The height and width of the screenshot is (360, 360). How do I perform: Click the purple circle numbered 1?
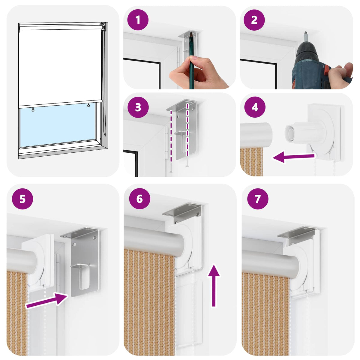click(x=138, y=20)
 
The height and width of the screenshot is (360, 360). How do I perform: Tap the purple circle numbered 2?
click(x=254, y=20)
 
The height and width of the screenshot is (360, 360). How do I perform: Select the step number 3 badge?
click(x=138, y=107)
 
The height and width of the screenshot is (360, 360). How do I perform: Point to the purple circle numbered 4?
click(x=255, y=107)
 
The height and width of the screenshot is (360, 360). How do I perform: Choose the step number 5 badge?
click(x=22, y=199)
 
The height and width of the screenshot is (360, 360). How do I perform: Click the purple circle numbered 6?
click(x=139, y=199)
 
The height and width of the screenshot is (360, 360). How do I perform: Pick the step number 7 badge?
click(x=258, y=199)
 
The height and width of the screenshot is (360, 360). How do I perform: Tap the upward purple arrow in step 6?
click(x=214, y=286)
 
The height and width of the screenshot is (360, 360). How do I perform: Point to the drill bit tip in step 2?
click(x=306, y=32)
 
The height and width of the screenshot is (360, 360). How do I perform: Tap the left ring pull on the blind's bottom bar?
click(x=33, y=110)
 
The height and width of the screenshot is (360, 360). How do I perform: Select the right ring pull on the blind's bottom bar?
click(x=88, y=105)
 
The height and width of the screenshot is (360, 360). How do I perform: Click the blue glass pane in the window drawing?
click(x=58, y=125)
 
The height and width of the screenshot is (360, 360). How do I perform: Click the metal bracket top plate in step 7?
click(x=296, y=231)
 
